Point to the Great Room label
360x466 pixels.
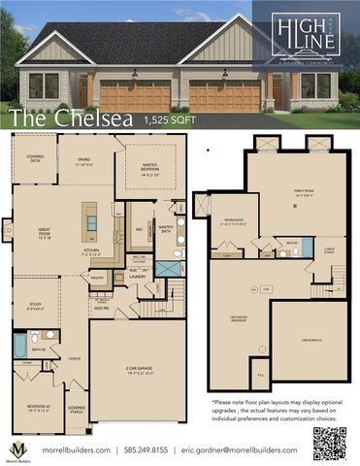click(44, 234)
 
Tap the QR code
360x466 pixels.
click(330, 442)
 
